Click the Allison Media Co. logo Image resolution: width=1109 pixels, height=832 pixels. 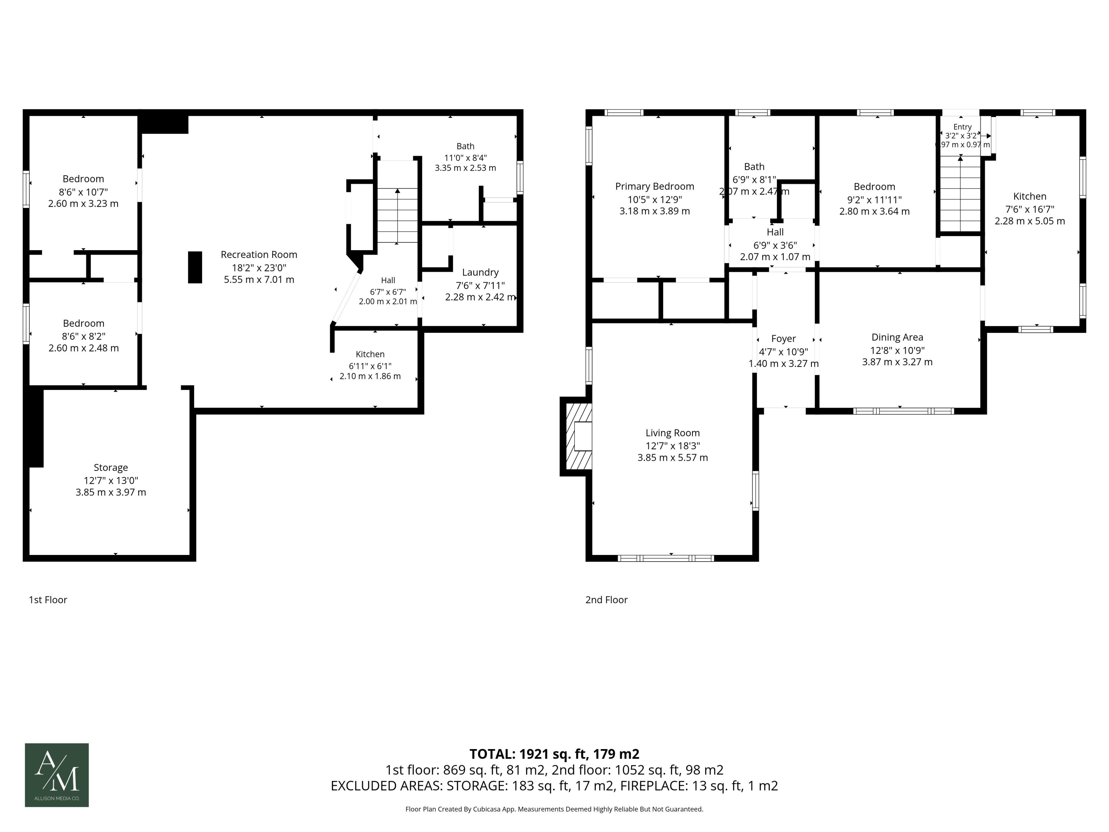[x=57, y=775]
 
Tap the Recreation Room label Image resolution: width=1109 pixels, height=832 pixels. [x=259, y=255]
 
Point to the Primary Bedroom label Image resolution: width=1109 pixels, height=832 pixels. [x=654, y=187]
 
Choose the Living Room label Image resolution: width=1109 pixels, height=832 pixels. [x=672, y=433]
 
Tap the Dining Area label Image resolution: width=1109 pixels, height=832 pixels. [x=897, y=337]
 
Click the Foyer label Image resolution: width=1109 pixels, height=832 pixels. [x=783, y=339]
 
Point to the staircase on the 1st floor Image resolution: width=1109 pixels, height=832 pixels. [x=397, y=215]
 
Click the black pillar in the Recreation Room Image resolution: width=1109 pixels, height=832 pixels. [x=195, y=267]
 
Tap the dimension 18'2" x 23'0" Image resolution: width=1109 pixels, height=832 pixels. [x=259, y=268]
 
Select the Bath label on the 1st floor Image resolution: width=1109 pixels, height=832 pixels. [x=465, y=146]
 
